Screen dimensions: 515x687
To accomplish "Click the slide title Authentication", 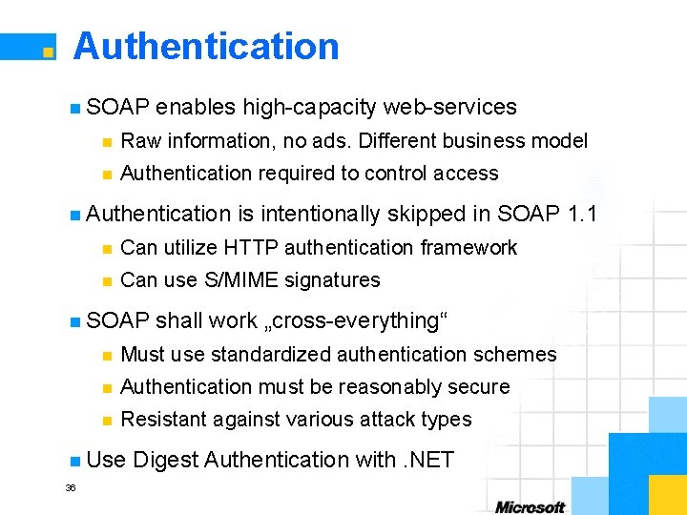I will coord(206,46).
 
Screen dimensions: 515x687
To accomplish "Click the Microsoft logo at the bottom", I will coord(530,506).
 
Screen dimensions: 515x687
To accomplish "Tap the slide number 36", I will coord(70,487).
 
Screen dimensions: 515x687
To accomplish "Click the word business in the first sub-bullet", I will coord(486,141).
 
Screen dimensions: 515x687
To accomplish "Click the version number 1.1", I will coord(581,215).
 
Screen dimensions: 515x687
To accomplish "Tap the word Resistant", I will coord(162,420).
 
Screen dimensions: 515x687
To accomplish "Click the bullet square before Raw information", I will coord(107,142).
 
